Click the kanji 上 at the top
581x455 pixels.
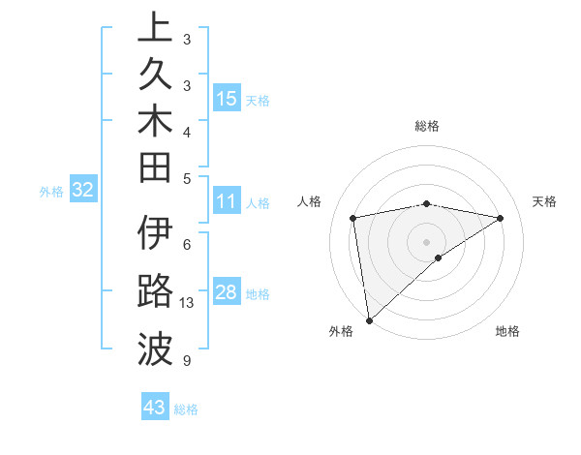155,27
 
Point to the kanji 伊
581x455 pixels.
155,235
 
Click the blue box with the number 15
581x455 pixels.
226,98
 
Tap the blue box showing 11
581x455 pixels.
226,201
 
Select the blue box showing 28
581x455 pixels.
226,293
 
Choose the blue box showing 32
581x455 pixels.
82,190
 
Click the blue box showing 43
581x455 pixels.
154,408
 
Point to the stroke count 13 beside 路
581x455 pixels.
188,303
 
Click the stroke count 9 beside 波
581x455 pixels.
186,361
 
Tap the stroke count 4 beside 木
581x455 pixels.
186,132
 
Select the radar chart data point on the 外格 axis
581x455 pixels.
369,319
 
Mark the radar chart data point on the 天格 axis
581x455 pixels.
501,218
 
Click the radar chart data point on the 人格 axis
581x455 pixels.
353,218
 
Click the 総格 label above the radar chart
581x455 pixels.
427,126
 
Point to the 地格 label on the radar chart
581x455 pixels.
507,331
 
